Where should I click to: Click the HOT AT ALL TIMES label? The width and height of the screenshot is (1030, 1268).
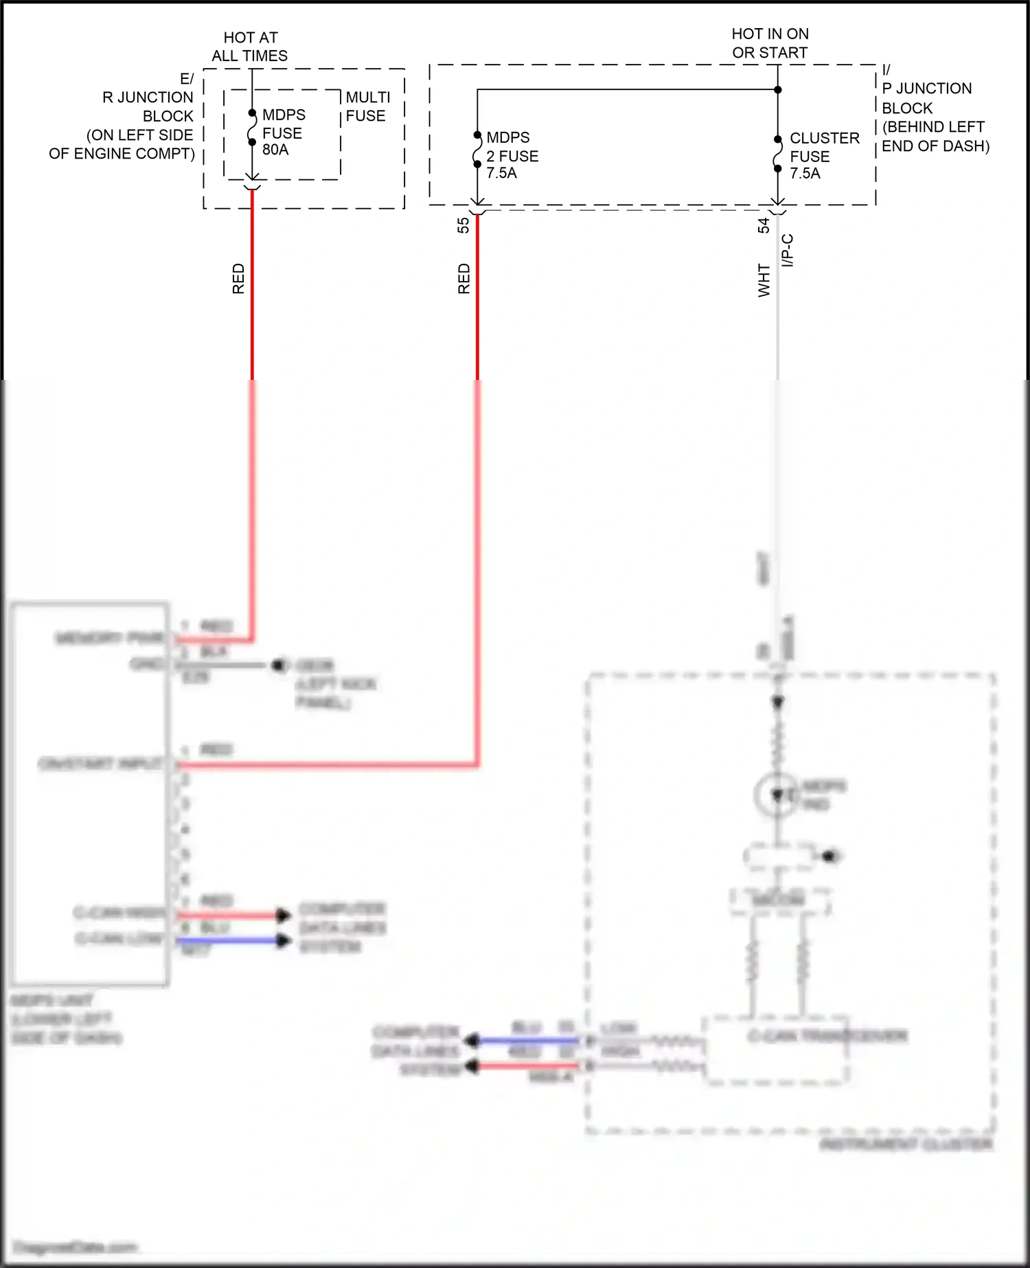click(250, 47)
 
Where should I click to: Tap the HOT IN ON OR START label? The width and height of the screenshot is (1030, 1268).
click(770, 43)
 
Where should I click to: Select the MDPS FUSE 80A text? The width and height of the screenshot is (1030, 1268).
click(283, 132)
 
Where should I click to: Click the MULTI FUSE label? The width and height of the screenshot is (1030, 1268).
click(367, 106)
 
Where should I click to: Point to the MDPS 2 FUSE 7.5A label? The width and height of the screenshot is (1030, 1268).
click(512, 155)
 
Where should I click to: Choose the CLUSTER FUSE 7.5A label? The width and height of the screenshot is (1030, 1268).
click(823, 156)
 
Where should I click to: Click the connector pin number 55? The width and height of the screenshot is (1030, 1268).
click(463, 225)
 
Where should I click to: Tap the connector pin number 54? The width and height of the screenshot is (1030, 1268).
click(764, 225)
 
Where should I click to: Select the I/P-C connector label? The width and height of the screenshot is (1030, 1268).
click(788, 250)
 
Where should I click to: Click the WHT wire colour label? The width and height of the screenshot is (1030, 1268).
click(764, 280)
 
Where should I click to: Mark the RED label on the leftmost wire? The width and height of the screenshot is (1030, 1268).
click(238, 278)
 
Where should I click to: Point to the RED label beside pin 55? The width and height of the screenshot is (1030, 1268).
click(464, 278)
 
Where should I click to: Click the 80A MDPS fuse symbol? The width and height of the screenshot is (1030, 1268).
click(252, 128)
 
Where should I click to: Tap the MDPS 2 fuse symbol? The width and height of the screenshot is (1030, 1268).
click(477, 150)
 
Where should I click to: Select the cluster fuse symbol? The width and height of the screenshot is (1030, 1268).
click(777, 154)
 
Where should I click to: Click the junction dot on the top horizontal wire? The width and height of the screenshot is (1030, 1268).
click(777, 89)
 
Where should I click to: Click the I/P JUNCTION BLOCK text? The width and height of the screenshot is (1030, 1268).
click(934, 108)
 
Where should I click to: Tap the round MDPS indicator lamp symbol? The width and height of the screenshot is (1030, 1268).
click(777, 795)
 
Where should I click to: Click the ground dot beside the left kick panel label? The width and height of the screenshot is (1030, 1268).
click(278, 665)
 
